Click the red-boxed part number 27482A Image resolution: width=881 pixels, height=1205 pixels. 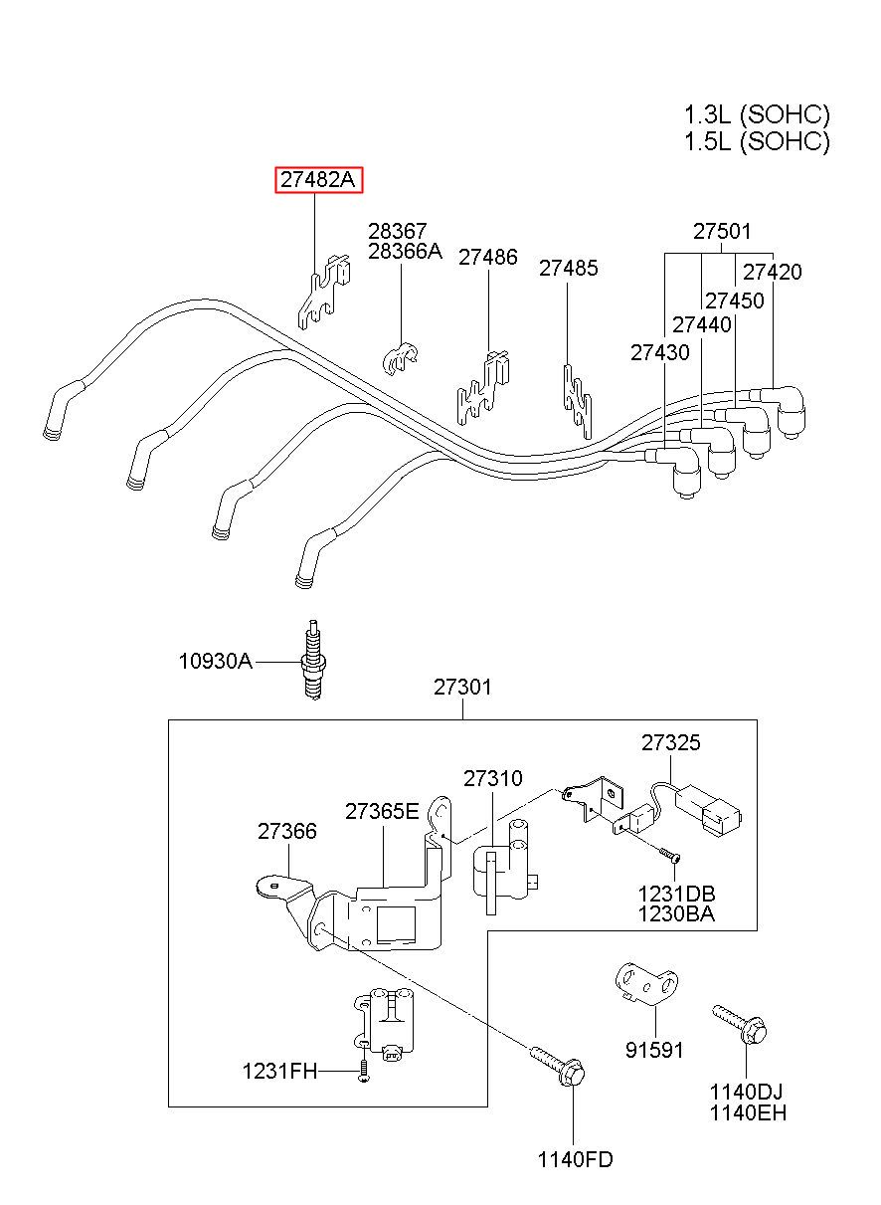319,180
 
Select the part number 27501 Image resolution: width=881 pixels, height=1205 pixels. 722,231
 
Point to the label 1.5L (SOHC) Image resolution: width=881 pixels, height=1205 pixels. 757,141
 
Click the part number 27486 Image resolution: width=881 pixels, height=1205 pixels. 488,257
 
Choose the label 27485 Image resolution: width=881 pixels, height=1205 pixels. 568,268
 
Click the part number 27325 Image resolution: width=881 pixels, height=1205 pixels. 671,743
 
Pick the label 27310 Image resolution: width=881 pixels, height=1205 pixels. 493,778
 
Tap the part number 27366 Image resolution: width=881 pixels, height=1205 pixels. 287,831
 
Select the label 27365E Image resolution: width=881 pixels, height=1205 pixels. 382,811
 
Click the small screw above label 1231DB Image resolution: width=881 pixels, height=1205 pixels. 669,855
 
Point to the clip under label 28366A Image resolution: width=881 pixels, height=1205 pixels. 401,358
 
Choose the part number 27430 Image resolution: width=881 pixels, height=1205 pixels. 660,353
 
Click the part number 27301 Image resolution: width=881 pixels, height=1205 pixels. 462,688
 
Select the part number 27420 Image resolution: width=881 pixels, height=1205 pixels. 773,273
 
